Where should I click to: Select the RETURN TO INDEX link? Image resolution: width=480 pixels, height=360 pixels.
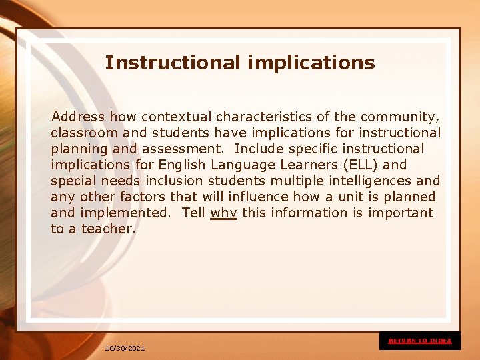point(420,341)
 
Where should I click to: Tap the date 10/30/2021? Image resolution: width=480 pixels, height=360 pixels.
point(125,348)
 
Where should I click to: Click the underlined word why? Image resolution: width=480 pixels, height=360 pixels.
point(223,213)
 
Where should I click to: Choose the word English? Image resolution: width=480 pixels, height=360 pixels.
point(182,165)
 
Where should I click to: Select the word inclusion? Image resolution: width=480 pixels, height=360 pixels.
point(175,181)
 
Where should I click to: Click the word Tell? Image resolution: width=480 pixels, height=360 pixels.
point(193,213)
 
